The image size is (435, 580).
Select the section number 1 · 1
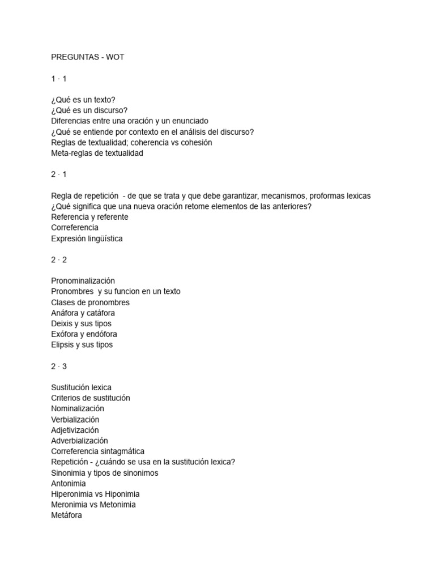(59, 78)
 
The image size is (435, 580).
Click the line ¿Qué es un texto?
(83, 100)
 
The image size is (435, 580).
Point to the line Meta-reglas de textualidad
(97, 153)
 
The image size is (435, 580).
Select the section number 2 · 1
(59, 174)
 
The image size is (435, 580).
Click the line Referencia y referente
(89, 217)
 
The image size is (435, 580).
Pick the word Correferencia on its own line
(75, 228)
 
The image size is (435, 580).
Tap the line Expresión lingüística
(87, 238)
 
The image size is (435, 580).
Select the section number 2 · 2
(59, 260)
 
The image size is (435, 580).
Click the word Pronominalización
(83, 281)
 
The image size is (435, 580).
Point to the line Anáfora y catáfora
(83, 313)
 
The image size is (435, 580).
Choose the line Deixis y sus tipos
(81, 323)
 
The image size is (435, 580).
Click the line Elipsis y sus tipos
(82, 345)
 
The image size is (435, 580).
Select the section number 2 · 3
(59, 366)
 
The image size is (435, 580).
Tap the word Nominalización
(78, 408)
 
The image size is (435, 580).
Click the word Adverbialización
(79, 441)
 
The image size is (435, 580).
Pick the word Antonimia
(69, 484)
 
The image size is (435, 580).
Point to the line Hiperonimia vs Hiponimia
(95, 494)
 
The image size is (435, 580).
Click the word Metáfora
(66, 515)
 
